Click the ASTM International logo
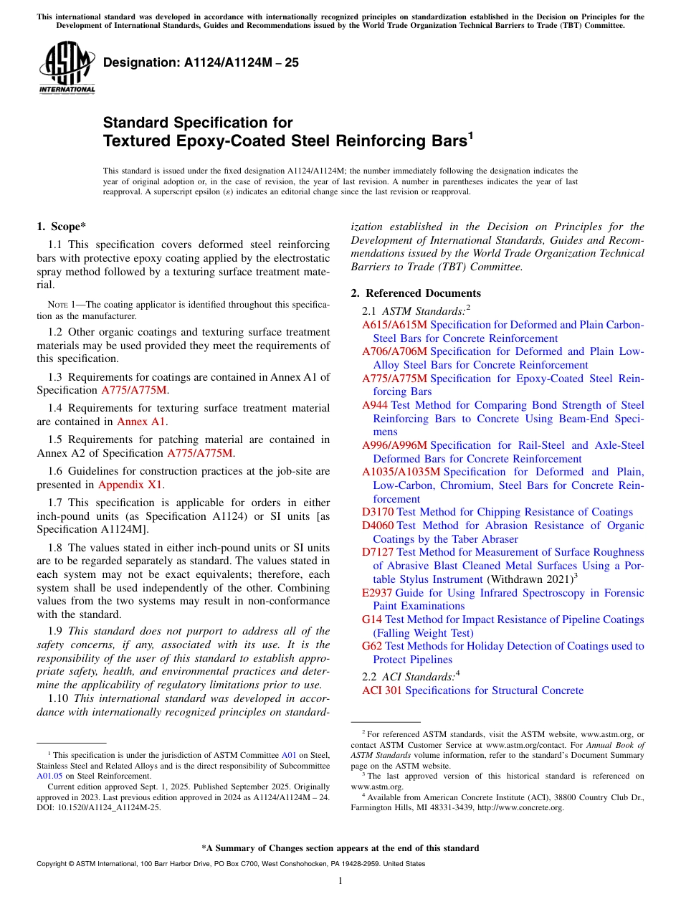66,67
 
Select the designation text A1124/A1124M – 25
201,62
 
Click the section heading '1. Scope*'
62,227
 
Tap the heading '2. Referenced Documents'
416,293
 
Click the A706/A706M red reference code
395,351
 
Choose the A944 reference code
376,405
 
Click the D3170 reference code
378,512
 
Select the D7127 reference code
378,552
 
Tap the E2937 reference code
376,593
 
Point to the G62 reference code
372,646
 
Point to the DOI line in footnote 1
99,807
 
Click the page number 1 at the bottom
340,881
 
